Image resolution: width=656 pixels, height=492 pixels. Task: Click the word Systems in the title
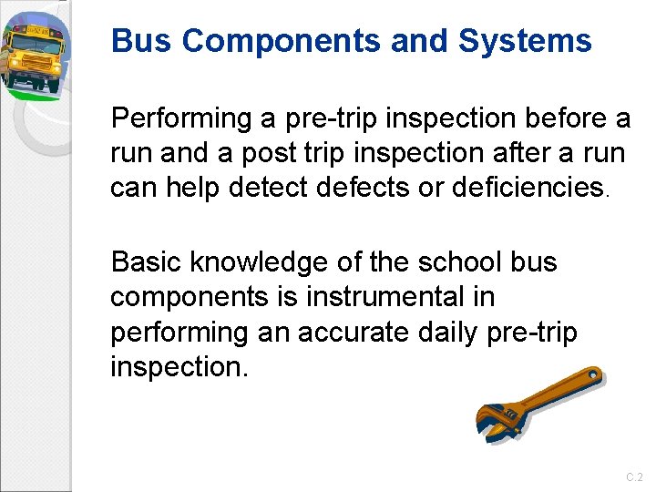point(525,41)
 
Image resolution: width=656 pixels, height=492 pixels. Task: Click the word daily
point(432,333)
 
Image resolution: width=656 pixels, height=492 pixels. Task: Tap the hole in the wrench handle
point(591,374)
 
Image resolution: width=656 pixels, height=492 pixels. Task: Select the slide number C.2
point(634,477)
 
